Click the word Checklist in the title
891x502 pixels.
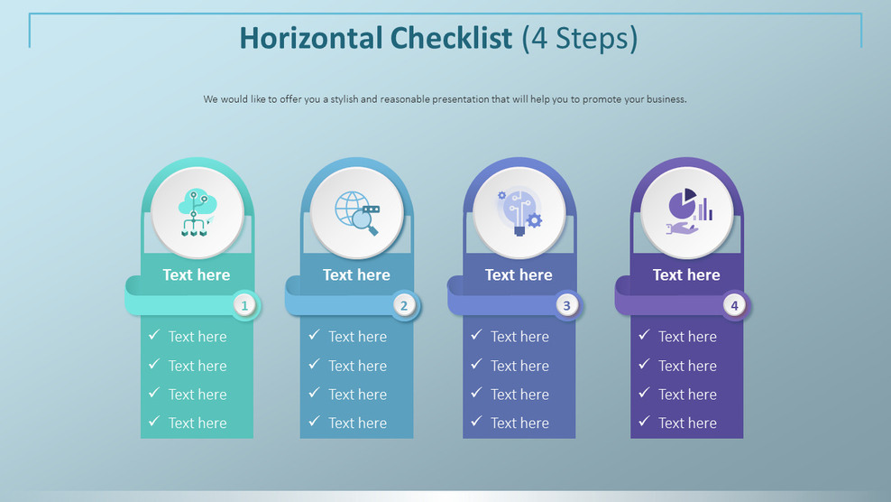point(451,38)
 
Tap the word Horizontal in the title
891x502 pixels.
point(311,38)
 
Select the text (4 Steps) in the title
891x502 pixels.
point(580,39)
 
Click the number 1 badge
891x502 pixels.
point(244,306)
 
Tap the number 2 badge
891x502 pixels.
point(404,306)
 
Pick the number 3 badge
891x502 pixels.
point(566,306)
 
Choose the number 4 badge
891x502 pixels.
point(734,306)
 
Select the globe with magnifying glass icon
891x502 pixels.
point(357,213)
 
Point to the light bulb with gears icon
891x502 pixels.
point(519,213)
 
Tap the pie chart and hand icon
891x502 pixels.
point(689,212)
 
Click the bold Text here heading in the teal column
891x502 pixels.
point(197,274)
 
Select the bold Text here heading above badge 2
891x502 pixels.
point(356,274)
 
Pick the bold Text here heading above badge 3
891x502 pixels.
point(519,274)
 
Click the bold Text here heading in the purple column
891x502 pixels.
point(686,274)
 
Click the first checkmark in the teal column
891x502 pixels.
point(154,335)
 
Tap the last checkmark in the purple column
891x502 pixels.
point(644,421)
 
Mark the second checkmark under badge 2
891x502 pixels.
point(314,364)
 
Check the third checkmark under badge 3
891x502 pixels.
point(476,393)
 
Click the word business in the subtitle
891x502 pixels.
point(666,99)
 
